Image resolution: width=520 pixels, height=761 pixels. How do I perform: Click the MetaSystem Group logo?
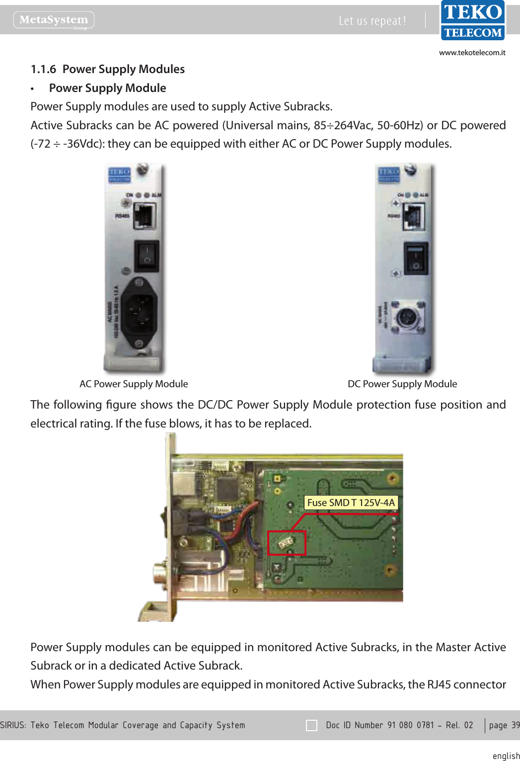(54, 20)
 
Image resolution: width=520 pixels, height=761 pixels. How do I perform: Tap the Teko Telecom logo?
(473, 20)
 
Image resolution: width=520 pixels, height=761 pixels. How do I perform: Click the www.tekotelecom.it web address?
(472, 53)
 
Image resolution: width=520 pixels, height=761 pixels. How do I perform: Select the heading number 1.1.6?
(43, 69)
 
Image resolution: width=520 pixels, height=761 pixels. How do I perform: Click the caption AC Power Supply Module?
(134, 384)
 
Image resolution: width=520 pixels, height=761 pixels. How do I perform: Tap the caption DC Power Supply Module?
(402, 384)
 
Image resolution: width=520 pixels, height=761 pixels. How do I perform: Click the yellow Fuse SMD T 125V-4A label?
(351, 503)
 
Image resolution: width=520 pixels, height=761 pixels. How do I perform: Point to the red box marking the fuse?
(287, 543)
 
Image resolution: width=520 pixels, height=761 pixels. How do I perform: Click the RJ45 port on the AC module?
(145, 216)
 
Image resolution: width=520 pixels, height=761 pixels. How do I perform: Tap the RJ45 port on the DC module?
(414, 217)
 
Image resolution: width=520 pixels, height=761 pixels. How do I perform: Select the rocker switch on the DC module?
(415, 258)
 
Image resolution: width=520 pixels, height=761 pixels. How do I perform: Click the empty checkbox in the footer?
(311, 725)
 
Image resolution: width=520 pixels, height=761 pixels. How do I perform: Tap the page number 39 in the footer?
(515, 725)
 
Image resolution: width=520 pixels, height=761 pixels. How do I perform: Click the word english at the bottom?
(506, 756)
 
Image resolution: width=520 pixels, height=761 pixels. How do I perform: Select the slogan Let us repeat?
(372, 21)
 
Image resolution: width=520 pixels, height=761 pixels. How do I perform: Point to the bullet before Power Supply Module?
(32, 89)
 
